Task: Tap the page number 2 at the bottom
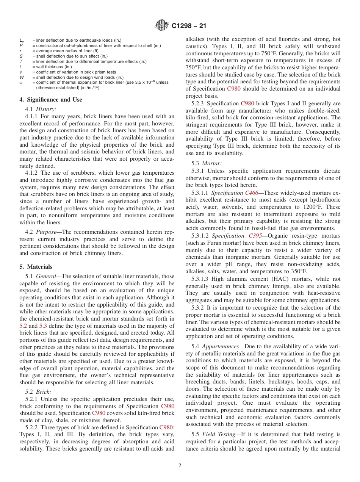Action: [x=180, y=466]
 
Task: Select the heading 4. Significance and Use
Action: [x=51, y=100]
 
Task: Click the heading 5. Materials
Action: [x=36, y=267]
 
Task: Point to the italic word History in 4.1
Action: [x=47, y=109]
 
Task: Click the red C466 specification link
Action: [x=252, y=193]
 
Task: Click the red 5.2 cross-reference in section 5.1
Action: [x=23, y=326]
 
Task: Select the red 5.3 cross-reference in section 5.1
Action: [x=44, y=326]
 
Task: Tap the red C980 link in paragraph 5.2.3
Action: [x=247, y=103]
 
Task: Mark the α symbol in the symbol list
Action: [x=21, y=82]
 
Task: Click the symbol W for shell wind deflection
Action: [x=21, y=77]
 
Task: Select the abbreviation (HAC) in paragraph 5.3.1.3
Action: [x=264, y=279]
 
